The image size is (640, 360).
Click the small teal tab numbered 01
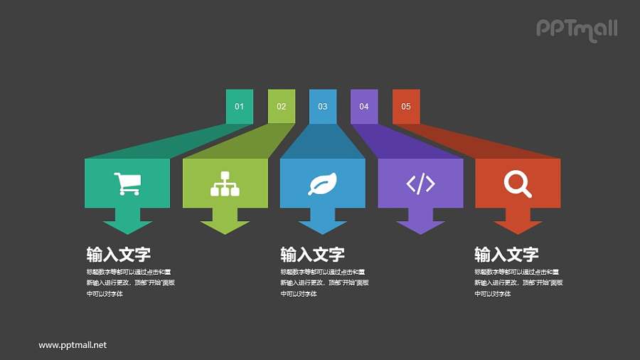point(239,107)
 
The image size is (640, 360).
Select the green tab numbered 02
point(281,107)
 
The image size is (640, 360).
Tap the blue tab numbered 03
point(323,107)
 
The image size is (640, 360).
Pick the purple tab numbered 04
point(364,107)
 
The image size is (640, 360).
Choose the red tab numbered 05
point(406,107)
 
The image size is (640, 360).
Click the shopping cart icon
point(127,184)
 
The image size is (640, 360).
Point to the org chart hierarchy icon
point(225,184)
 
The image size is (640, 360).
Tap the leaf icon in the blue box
point(322,184)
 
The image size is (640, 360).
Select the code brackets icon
point(420,184)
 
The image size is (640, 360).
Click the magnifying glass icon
point(518,184)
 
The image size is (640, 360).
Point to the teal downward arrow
point(127,222)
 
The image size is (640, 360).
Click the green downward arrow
point(225,222)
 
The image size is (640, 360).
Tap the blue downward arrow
point(322,222)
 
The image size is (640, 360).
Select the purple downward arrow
point(420,222)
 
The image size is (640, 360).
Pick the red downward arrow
point(518,222)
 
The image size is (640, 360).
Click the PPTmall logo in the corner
point(576,29)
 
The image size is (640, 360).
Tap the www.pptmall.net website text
point(73,345)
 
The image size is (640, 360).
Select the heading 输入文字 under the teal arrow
point(118,255)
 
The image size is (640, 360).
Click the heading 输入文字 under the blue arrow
point(312,255)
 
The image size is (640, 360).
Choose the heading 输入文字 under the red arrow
point(506,255)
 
